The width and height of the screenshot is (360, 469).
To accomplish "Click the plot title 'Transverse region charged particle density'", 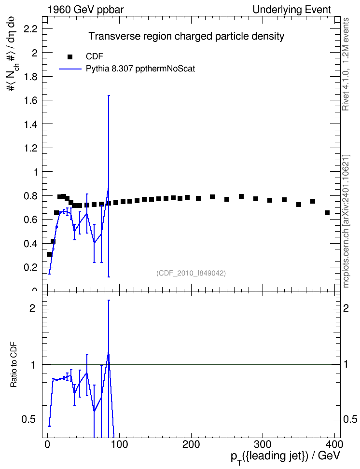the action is pyautogui.click(x=186, y=36).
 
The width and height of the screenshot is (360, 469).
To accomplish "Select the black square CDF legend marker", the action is pyautogui.click(x=70, y=57).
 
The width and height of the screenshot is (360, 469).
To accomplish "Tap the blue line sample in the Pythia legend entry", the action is pyautogui.click(x=70, y=69).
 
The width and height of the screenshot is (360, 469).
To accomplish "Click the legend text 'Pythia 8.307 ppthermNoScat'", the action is pyautogui.click(x=140, y=69).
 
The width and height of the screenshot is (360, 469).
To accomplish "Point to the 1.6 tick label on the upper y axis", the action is pyautogui.click(x=30, y=100).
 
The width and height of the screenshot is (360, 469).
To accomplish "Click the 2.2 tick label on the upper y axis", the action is pyautogui.click(x=30, y=29).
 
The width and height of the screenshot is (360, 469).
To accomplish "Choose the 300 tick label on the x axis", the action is pyautogui.click(x=263, y=444).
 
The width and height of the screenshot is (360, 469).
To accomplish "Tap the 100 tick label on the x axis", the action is pyautogui.click(x=119, y=444).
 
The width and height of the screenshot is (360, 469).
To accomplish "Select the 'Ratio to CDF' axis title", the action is pyautogui.click(x=14, y=365).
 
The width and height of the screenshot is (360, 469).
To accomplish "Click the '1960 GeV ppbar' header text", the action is pyautogui.click(x=85, y=10).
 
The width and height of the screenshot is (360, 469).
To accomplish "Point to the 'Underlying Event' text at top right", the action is pyautogui.click(x=292, y=10).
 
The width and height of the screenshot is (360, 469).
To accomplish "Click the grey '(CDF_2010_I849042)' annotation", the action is pyautogui.click(x=191, y=273).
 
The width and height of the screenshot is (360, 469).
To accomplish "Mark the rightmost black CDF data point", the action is pyautogui.click(x=327, y=213).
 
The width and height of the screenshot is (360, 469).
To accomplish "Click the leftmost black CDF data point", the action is pyautogui.click(x=49, y=254).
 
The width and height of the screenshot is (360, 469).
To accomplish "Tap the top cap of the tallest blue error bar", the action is pyautogui.click(x=109, y=96).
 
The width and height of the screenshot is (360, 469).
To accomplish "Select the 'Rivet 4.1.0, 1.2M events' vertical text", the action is pyautogui.click(x=346, y=64).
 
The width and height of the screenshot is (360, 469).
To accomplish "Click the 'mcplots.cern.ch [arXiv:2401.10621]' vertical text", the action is pyautogui.click(x=346, y=221).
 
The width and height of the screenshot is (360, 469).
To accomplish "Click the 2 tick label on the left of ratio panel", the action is pyautogui.click(x=32, y=308).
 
